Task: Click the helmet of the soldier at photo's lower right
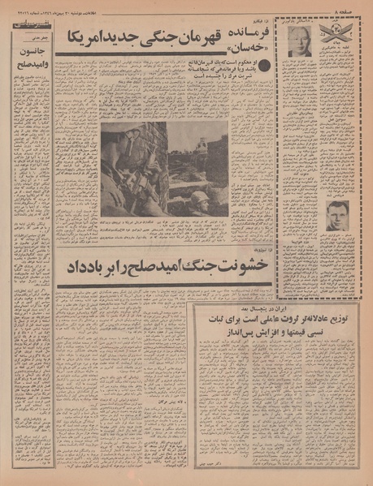click(197, 198)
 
